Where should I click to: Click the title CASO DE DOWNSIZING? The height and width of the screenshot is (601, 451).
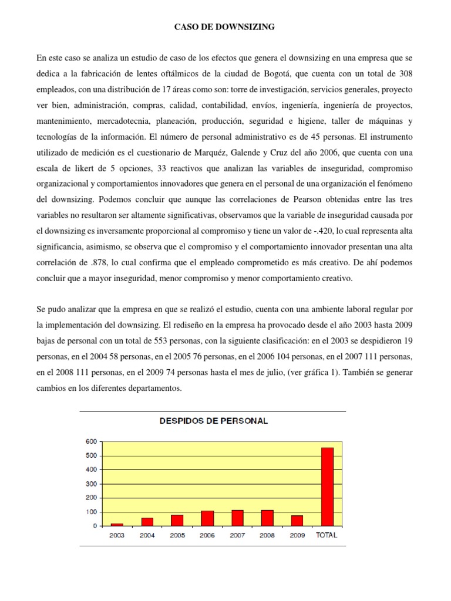(225, 27)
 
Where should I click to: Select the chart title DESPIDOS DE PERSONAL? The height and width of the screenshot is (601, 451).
(212, 421)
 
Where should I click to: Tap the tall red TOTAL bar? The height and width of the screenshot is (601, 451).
(327, 487)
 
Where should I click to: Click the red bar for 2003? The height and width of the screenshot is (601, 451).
(117, 524)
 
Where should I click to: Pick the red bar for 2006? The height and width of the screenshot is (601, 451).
(207, 518)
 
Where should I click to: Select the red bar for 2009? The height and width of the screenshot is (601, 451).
(297, 521)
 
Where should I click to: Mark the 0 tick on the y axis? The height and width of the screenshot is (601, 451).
(95, 526)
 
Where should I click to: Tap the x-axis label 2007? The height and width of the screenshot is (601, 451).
(237, 536)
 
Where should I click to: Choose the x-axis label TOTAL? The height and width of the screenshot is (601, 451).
(327, 536)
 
